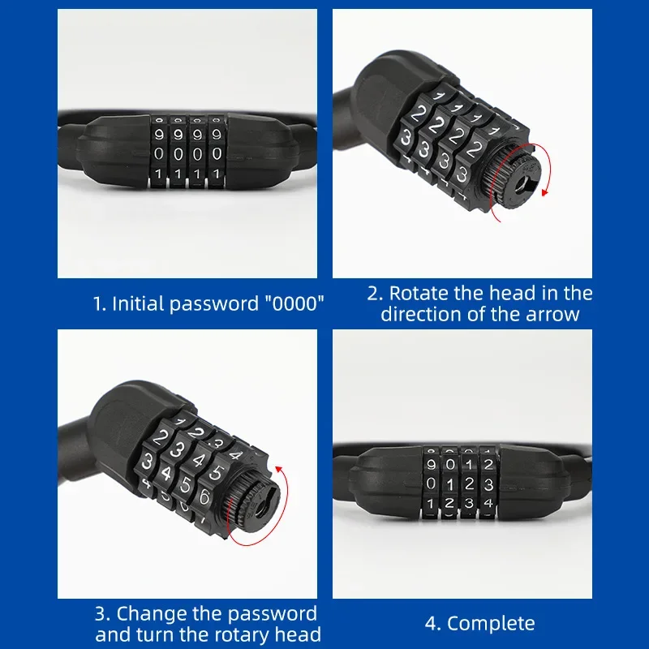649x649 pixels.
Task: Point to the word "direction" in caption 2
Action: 419,314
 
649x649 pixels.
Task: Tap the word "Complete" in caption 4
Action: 491,623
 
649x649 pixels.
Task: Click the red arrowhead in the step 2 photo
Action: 544,191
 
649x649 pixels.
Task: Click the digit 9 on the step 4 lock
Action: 430,464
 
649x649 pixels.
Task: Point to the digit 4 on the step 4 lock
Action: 488,502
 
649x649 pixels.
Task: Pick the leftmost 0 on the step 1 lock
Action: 159,153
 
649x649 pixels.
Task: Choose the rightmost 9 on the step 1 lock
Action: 215,132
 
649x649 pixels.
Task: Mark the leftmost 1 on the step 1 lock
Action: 159,174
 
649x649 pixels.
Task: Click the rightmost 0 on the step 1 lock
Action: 216,153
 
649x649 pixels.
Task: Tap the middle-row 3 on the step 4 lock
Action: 488,484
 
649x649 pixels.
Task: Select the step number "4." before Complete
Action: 433,623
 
